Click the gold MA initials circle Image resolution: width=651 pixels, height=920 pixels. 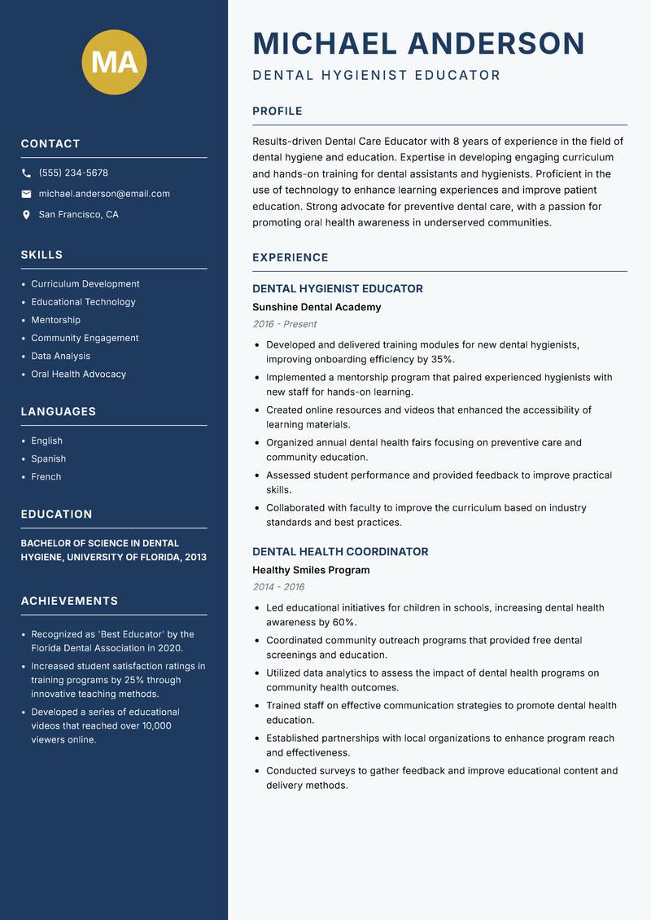pyautogui.click(x=114, y=63)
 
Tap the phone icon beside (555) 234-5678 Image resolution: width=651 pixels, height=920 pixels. pyautogui.click(x=26, y=173)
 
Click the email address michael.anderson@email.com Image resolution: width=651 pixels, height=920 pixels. pyautogui.click(x=104, y=194)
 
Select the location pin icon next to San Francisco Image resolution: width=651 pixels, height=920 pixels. pyautogui.click(x=26, y=215)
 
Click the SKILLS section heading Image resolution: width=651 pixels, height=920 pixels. pyautogui.click(x=42, y=255)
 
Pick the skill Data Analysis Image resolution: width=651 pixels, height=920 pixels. pyautogui.click(x=60, y=356)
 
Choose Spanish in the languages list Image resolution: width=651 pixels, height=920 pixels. pyautogui.click(x=48, y=458)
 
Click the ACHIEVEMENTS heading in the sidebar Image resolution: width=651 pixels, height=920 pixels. pyautogui.click(x=69, y=601)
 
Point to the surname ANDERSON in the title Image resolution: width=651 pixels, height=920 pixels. pyautogui.click(x=496, y=43)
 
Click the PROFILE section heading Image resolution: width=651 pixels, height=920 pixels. pyautogui.click(x=277, y=112)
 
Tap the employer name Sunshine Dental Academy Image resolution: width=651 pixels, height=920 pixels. pyautogui.click(x=317, y=307)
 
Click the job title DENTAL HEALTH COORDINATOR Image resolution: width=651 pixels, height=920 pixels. pyautogui.click(x=340, y=551)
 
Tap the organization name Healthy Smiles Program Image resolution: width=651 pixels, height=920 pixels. pyautogui.click(x=311, y=570)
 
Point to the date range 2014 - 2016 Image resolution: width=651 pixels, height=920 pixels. pyautogui.click(x=278, y=587)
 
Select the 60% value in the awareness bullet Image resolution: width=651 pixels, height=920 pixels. pyautogui.click(x=344, y=622)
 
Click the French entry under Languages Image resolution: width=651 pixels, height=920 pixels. pyautogui.click(x=46, y=476)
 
